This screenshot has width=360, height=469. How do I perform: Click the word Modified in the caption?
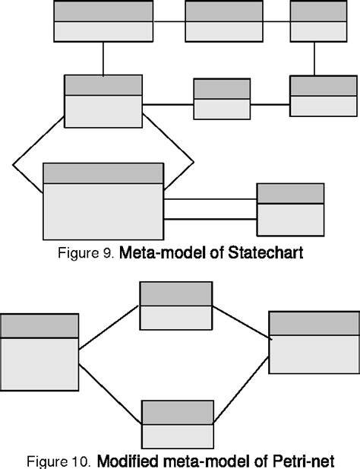pyautogui.click(x=128, y=461)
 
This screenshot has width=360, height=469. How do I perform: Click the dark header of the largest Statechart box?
pyautogui.click(x=103, y=173)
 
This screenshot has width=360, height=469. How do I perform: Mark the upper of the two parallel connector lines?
pyautogui.click(x=210, y=201)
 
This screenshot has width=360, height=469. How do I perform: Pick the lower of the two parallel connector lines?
pyautogui.click(x=210, y=219)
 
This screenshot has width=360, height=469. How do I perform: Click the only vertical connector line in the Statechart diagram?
pyautogui.click(x=103, y=58)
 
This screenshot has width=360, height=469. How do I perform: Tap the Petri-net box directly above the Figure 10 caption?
pyautogui.click(x=177, y=423)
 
